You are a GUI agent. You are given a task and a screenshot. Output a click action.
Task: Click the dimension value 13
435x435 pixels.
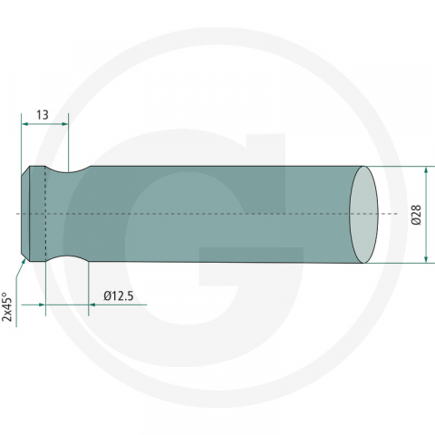pyautogui.click(x=42, y=115)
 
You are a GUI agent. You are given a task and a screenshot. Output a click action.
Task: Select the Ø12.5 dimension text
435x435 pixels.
pyautogui.click(x=120, y=295)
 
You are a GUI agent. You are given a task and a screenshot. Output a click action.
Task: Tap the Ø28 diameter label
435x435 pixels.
pyautogui.click(x=416, y=215)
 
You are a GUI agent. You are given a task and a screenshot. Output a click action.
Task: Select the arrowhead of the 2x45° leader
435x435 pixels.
pyautogui.click(x=23, y=261)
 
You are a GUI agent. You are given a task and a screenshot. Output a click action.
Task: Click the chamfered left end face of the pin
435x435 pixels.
pyautogui.click(x=25, y=215)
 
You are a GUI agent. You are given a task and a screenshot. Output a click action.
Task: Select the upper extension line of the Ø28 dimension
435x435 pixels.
pyautogui.click(x=399, y=166)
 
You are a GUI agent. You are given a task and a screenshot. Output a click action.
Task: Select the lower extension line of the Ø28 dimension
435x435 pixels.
pyautogui.click(x=399, y=264)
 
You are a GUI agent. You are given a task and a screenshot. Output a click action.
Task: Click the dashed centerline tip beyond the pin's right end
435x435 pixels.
pyautogui.click(x=391, y=215)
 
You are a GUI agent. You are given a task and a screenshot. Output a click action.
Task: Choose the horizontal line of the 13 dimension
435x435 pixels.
pyautogui.click(x=43, y=125)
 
